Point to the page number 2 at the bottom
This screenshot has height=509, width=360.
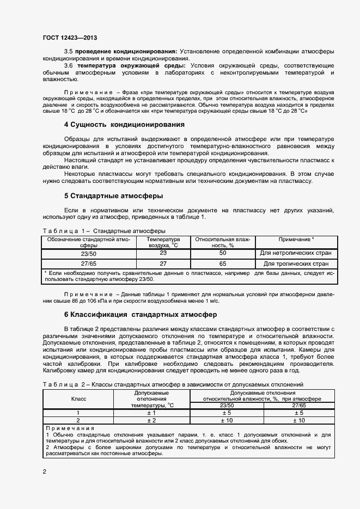[44, 471]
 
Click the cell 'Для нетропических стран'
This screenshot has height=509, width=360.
[295, 254]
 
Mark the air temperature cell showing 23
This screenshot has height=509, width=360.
[163, 253]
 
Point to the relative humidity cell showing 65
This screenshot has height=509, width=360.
[222, 263]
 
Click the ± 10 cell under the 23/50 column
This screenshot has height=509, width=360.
[227, 420]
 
